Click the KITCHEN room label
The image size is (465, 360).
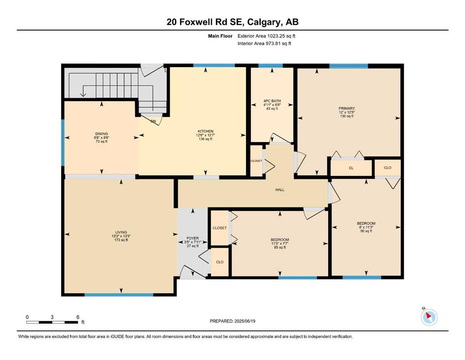tap(206, 131)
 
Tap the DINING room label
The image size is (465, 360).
tap(102, 134)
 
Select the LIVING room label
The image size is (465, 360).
tap(121, 232)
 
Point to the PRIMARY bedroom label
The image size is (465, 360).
tap(347, 108)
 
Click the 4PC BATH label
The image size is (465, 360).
tap(272, 101)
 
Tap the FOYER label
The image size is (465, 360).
tap(192, 238)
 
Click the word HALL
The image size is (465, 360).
tap(280, 190)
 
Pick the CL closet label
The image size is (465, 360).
tap(351, 168)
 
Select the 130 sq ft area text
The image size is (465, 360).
tap(347, 116)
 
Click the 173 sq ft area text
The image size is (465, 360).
tap(121, 240)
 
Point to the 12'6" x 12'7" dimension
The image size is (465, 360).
tap(206, 135)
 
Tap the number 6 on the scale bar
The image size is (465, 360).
tap(78, 317)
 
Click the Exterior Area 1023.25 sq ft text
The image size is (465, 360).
tap(266, 36)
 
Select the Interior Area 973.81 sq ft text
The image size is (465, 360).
tap(264, 43)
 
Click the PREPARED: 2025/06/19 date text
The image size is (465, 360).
tap(232, 321)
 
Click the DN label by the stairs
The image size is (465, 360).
tap(153, 121)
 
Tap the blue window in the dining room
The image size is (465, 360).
tap(63, 143)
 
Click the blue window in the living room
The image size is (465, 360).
tap(119, 295)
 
